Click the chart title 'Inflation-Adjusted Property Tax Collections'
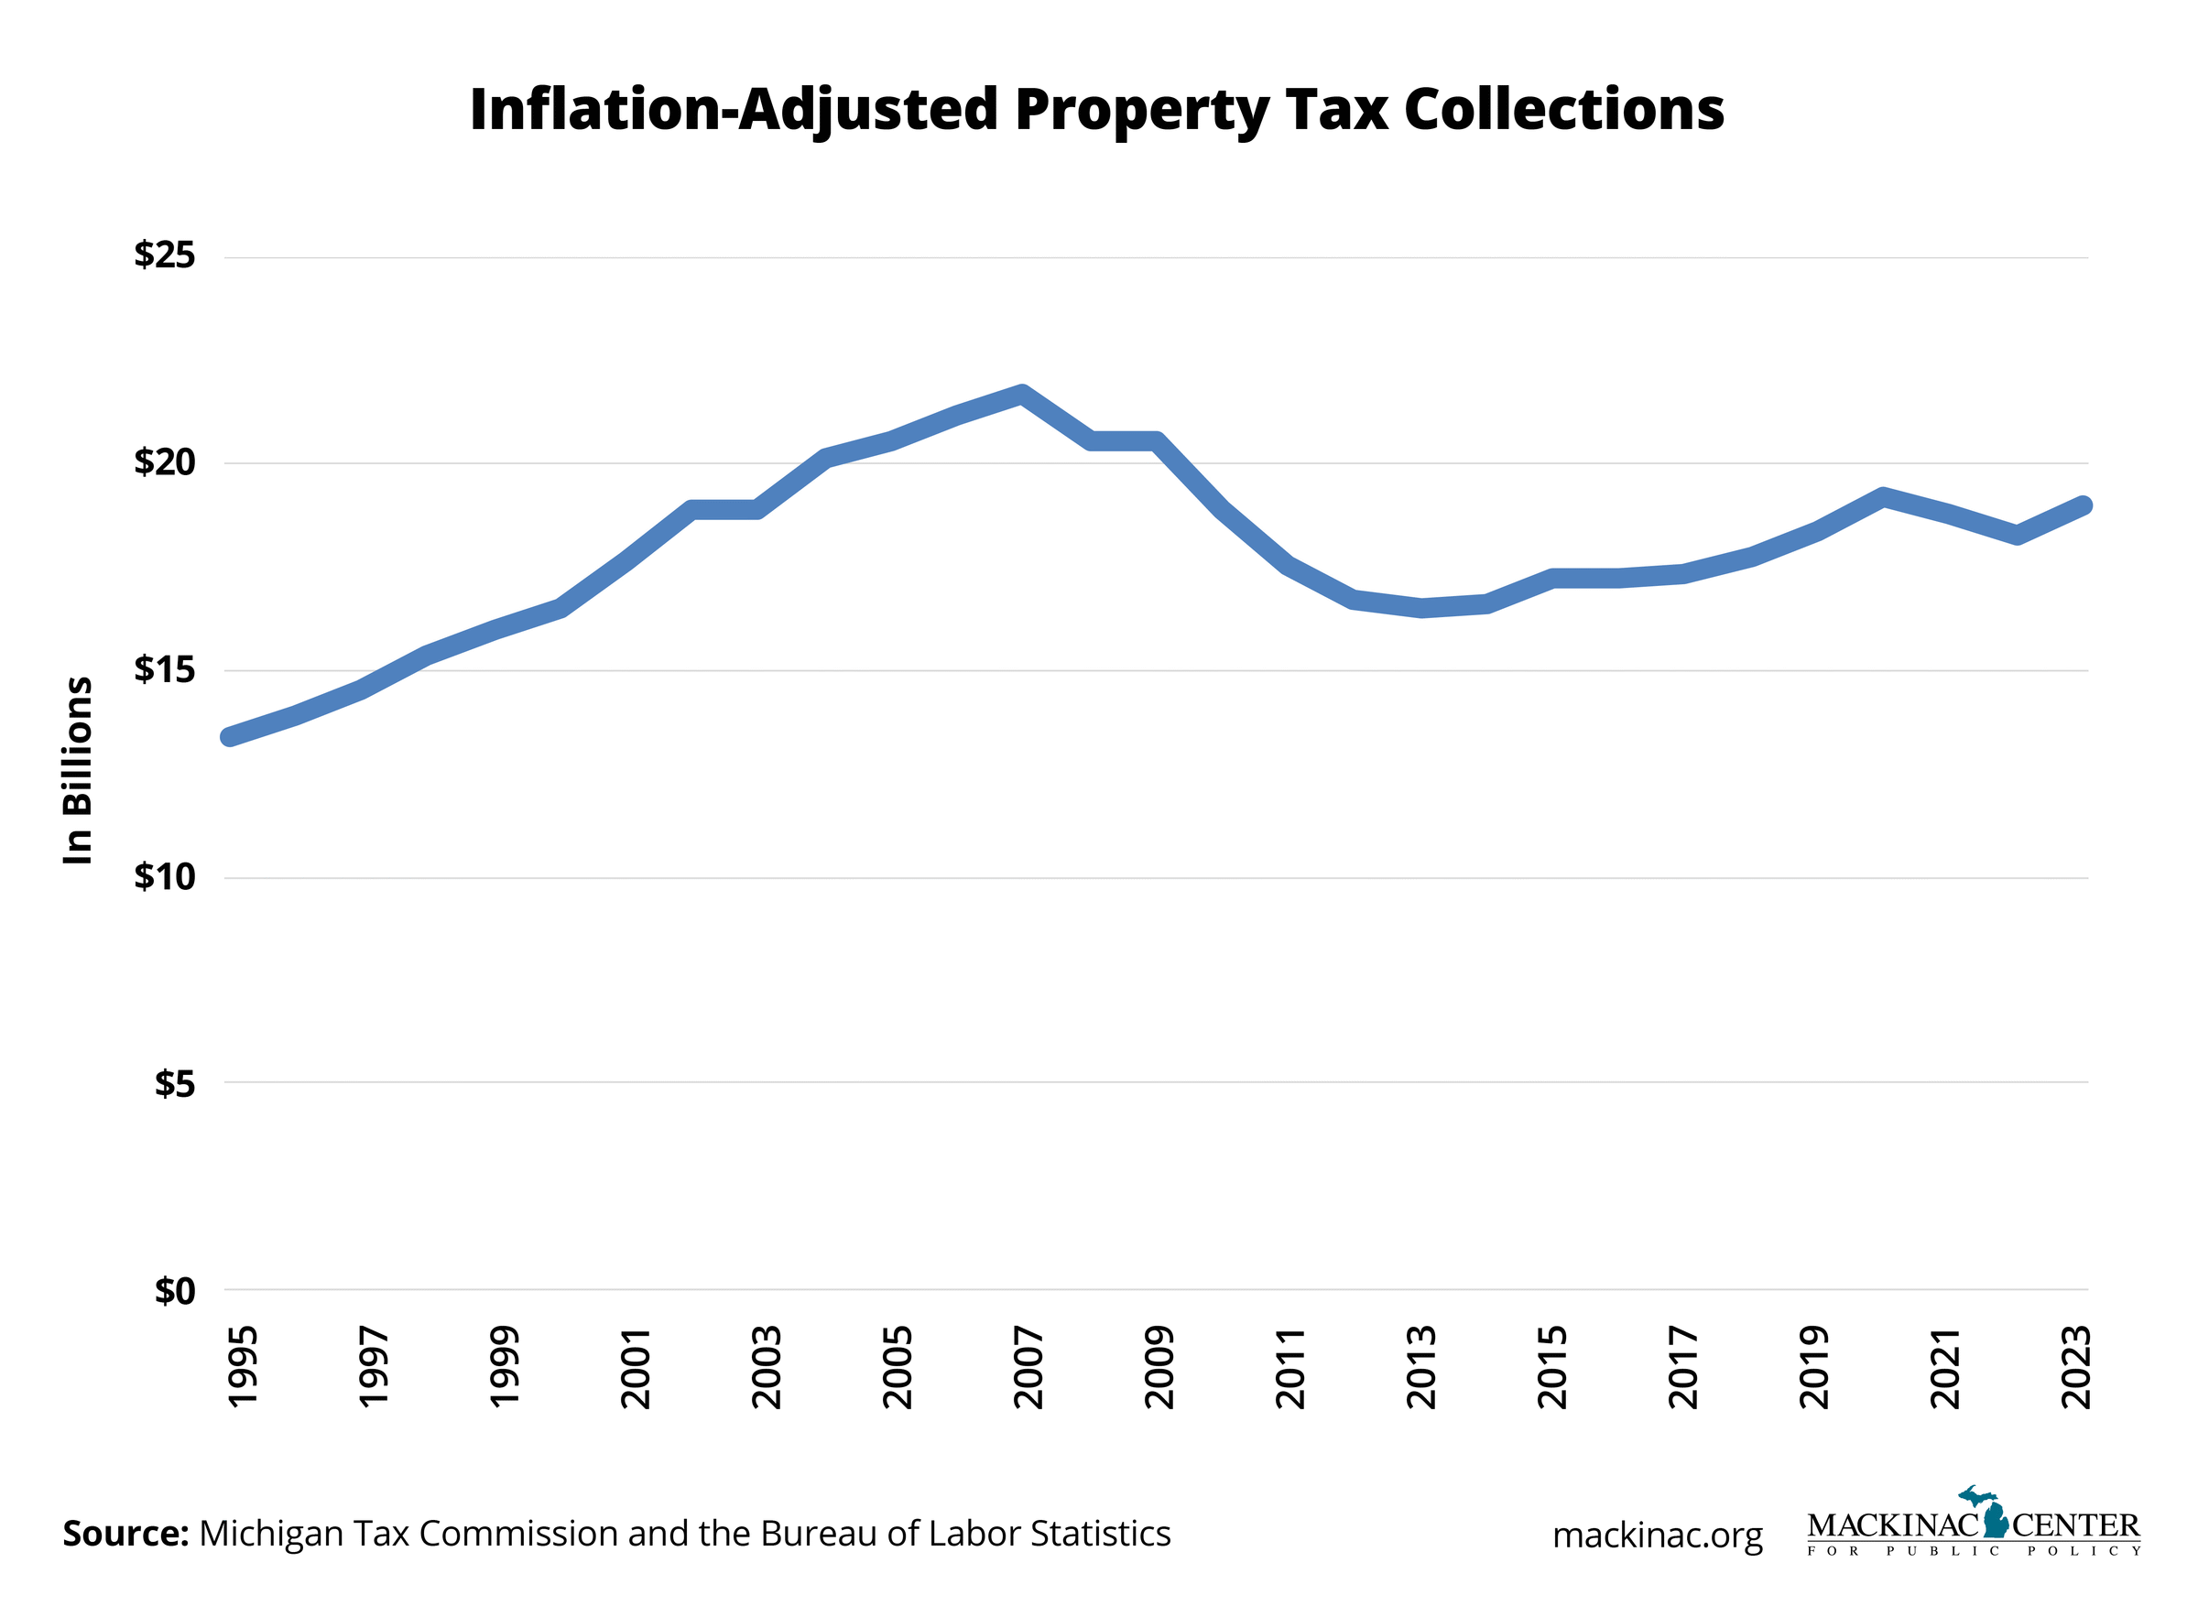coord(1095,109)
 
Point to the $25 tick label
coord(165,255)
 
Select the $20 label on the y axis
coord(165,461)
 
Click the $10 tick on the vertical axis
coord(165,877)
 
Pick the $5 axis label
coord(175,1083)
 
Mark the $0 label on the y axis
coord(175,1291)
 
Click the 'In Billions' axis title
coord(78,770)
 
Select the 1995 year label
coord(243,1367)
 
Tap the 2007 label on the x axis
coord(1028,1367)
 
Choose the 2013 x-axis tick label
coord(1421,1367)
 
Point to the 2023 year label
coord(2076,1367)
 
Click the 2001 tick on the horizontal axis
coord(636,1367)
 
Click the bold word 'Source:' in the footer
coord(125,1533)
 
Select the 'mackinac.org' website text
coord(1657,1535)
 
